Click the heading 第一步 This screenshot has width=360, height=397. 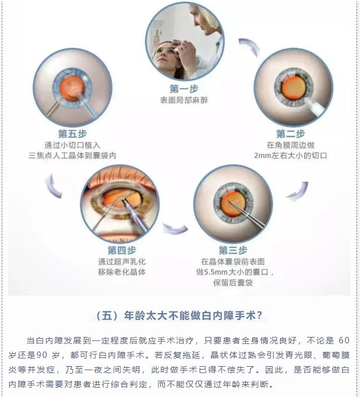(184, 89)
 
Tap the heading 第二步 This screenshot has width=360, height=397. (291, 133)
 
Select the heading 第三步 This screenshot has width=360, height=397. (233, 250)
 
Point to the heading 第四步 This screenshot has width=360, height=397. (122, 250)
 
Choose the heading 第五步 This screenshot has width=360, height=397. (72, 133)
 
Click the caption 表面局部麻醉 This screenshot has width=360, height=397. (184, 100)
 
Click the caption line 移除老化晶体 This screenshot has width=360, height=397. (122, 272)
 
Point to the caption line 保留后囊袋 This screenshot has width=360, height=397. (233, 283)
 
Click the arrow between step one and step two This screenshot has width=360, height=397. (250, 47)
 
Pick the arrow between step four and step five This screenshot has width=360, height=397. (52, 185)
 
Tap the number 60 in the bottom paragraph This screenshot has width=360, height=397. (344, 340)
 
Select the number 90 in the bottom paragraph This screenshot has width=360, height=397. (42, 355)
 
